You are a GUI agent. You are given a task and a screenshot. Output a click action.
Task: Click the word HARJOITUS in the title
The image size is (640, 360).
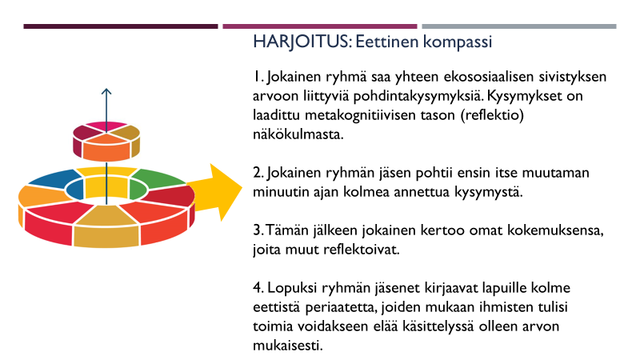point(302,42)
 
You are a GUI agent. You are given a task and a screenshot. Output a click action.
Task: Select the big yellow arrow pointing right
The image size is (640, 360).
point(215,192)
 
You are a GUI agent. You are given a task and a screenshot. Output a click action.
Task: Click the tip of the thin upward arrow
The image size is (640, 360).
point(106,89)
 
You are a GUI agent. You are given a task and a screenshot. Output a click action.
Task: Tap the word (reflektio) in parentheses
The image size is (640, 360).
point(492,115)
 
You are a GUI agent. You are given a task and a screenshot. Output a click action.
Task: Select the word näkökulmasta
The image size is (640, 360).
point(298,134)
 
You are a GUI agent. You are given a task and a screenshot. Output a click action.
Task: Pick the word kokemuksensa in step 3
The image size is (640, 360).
point(555,230)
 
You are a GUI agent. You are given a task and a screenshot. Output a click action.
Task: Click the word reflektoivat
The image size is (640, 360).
point(362,250)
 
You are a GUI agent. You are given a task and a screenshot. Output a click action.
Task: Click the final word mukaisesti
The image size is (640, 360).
point(288,346)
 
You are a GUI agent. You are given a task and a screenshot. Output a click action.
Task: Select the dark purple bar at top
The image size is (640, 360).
point(121,26)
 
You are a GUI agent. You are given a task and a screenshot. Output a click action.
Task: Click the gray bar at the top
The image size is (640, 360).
point(519,26)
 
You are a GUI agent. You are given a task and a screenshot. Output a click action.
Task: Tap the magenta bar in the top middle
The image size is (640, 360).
point(320,26)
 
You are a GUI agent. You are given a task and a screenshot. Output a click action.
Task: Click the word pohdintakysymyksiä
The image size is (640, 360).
point(417,96)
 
